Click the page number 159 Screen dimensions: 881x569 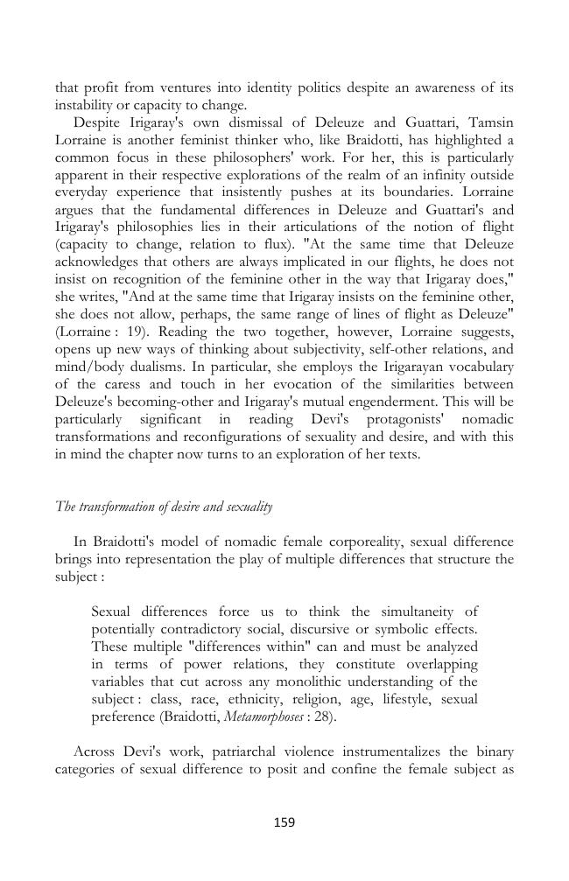pyautogui.click(x=284, y=822)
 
